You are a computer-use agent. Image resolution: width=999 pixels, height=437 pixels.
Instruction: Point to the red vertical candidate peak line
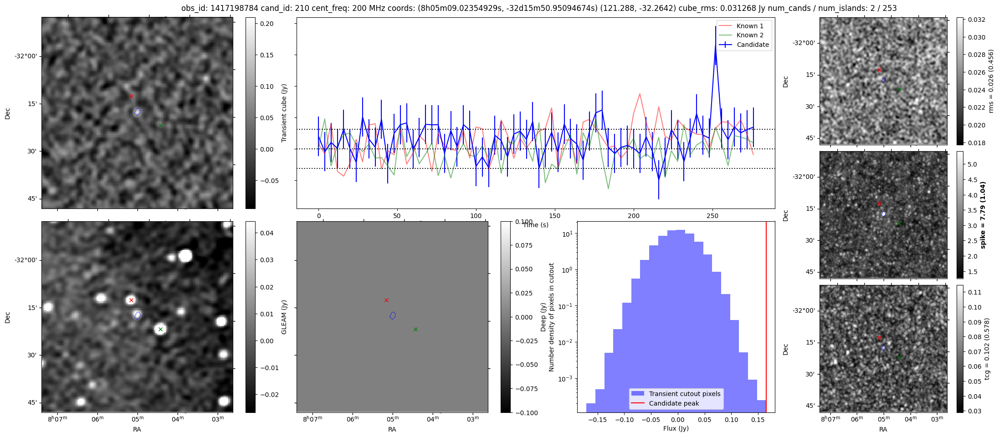tap(766, 319)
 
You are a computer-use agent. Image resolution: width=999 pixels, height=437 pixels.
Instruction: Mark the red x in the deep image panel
tap(131, 300)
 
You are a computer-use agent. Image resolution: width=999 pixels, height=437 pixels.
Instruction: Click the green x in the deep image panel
tap(160, 329)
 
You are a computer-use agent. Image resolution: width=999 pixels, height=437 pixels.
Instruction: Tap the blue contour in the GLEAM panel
tap(393, 315)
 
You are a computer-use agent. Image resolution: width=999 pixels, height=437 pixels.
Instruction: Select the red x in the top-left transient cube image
tap(131, 96)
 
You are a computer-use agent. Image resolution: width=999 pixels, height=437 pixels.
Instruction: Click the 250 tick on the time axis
tap(712, 216)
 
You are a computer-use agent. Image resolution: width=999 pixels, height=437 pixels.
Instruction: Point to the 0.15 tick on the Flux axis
tap(758, 420)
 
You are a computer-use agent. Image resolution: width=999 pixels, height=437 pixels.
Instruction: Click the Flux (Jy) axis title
tap(676, 428)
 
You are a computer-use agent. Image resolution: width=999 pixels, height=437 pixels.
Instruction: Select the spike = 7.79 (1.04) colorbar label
tap(983, 215)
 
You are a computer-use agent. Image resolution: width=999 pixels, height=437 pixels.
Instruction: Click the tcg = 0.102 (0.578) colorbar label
tap(987, 349)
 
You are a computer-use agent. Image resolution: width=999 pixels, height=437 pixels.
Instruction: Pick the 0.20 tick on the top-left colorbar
tap(267, 24)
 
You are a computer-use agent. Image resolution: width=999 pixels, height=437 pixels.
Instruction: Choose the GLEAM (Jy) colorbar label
tap(284, 317)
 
